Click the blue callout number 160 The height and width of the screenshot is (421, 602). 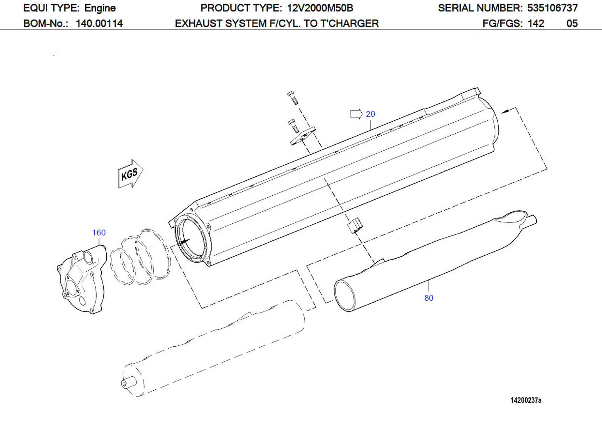click(99, 233)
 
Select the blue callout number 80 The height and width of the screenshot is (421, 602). click(429, 298)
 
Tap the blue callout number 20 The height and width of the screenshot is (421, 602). click(370, 114)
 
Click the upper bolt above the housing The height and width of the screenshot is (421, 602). click(293, 98)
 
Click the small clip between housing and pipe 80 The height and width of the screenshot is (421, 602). click(356, 225)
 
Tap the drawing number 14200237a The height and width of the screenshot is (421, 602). click(526, 400)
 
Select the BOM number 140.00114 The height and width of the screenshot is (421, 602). click(99, 24)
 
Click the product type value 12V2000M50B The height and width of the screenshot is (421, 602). click(320, 8)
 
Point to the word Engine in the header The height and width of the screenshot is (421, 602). click(100, 8)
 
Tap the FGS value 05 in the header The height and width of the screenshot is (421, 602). click(572, 24)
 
